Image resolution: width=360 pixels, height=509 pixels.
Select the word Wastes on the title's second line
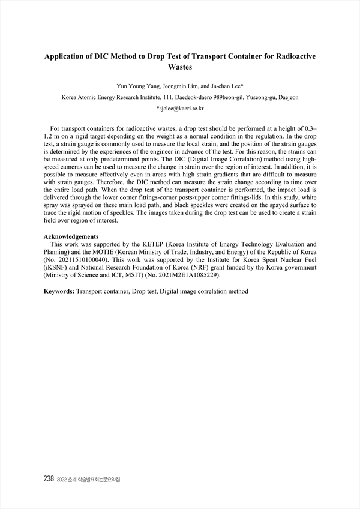(180, 68)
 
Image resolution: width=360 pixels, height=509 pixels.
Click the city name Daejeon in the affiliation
(287, 97)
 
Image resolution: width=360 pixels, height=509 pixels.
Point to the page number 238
(49, 480)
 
